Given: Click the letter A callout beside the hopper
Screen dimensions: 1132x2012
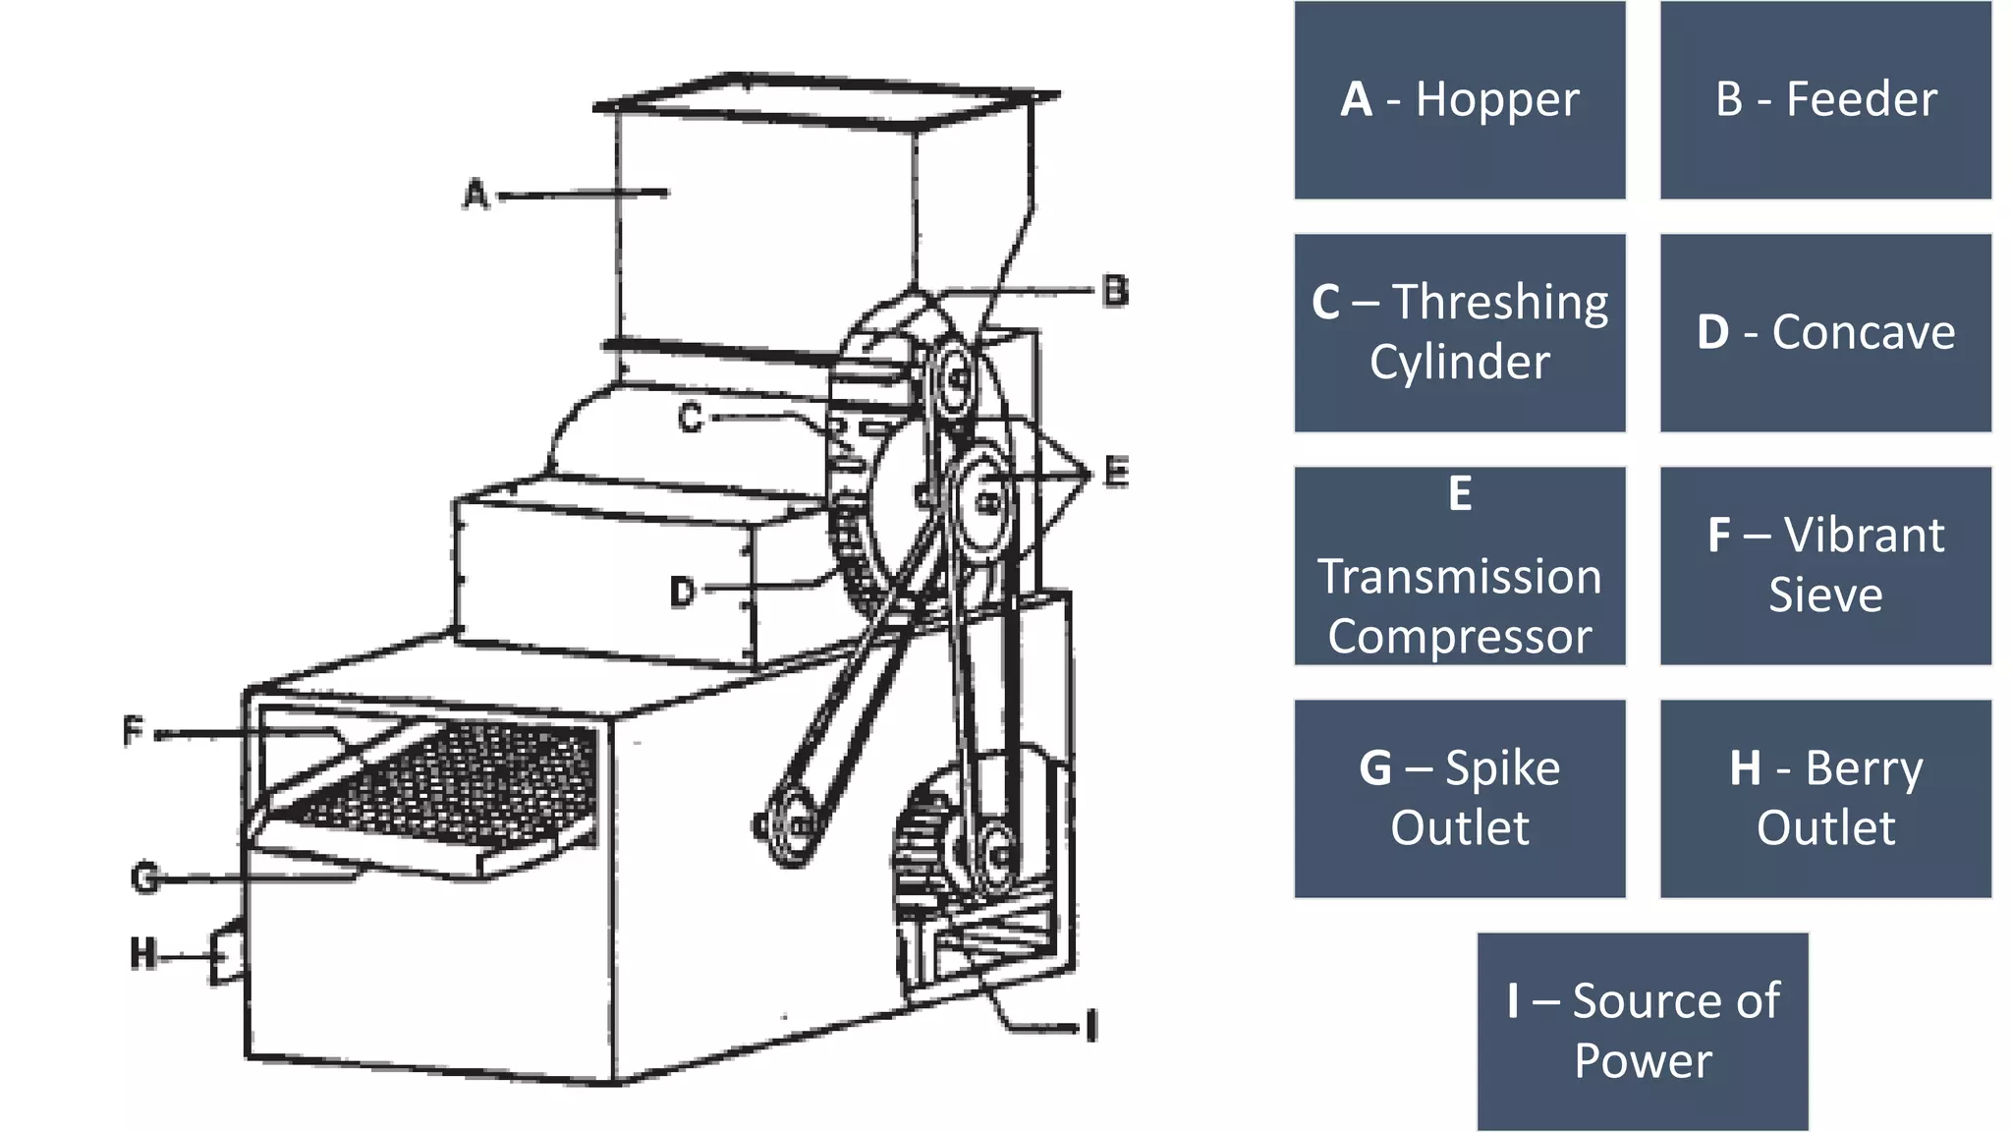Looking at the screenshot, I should [476, 194].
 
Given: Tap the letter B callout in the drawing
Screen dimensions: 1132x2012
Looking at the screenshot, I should [1115, 291].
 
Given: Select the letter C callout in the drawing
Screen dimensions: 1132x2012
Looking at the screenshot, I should [692, 418].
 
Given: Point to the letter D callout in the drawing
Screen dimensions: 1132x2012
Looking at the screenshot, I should [683, 591].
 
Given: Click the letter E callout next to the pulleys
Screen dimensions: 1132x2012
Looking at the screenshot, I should [1116, 472].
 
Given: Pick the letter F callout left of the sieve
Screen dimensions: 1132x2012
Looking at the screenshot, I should [134, 731].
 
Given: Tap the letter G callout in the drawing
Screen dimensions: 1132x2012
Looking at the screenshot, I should [144, 877].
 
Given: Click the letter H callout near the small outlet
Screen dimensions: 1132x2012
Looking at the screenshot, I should [143, 953].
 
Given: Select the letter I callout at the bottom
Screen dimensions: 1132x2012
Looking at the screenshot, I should [1090, 1027].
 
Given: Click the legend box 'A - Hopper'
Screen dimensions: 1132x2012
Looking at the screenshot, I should [1459, 100].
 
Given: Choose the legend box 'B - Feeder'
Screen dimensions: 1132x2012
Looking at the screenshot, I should [1825, 100].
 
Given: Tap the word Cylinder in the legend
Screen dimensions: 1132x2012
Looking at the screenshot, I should [1459, 363].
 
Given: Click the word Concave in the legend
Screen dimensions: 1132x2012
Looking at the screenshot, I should [1863, 333].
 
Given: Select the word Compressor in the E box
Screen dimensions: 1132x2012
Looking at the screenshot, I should [1459, 637].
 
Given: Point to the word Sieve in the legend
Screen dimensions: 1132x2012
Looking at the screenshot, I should [1825, 595].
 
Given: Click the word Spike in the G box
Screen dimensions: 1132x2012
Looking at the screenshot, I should [1502, 768].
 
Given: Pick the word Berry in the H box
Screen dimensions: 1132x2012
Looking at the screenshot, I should [1864, 768].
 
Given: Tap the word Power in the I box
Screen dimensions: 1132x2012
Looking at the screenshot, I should [1643, 1061].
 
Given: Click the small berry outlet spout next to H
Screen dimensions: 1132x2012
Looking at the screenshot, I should [227, 951].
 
